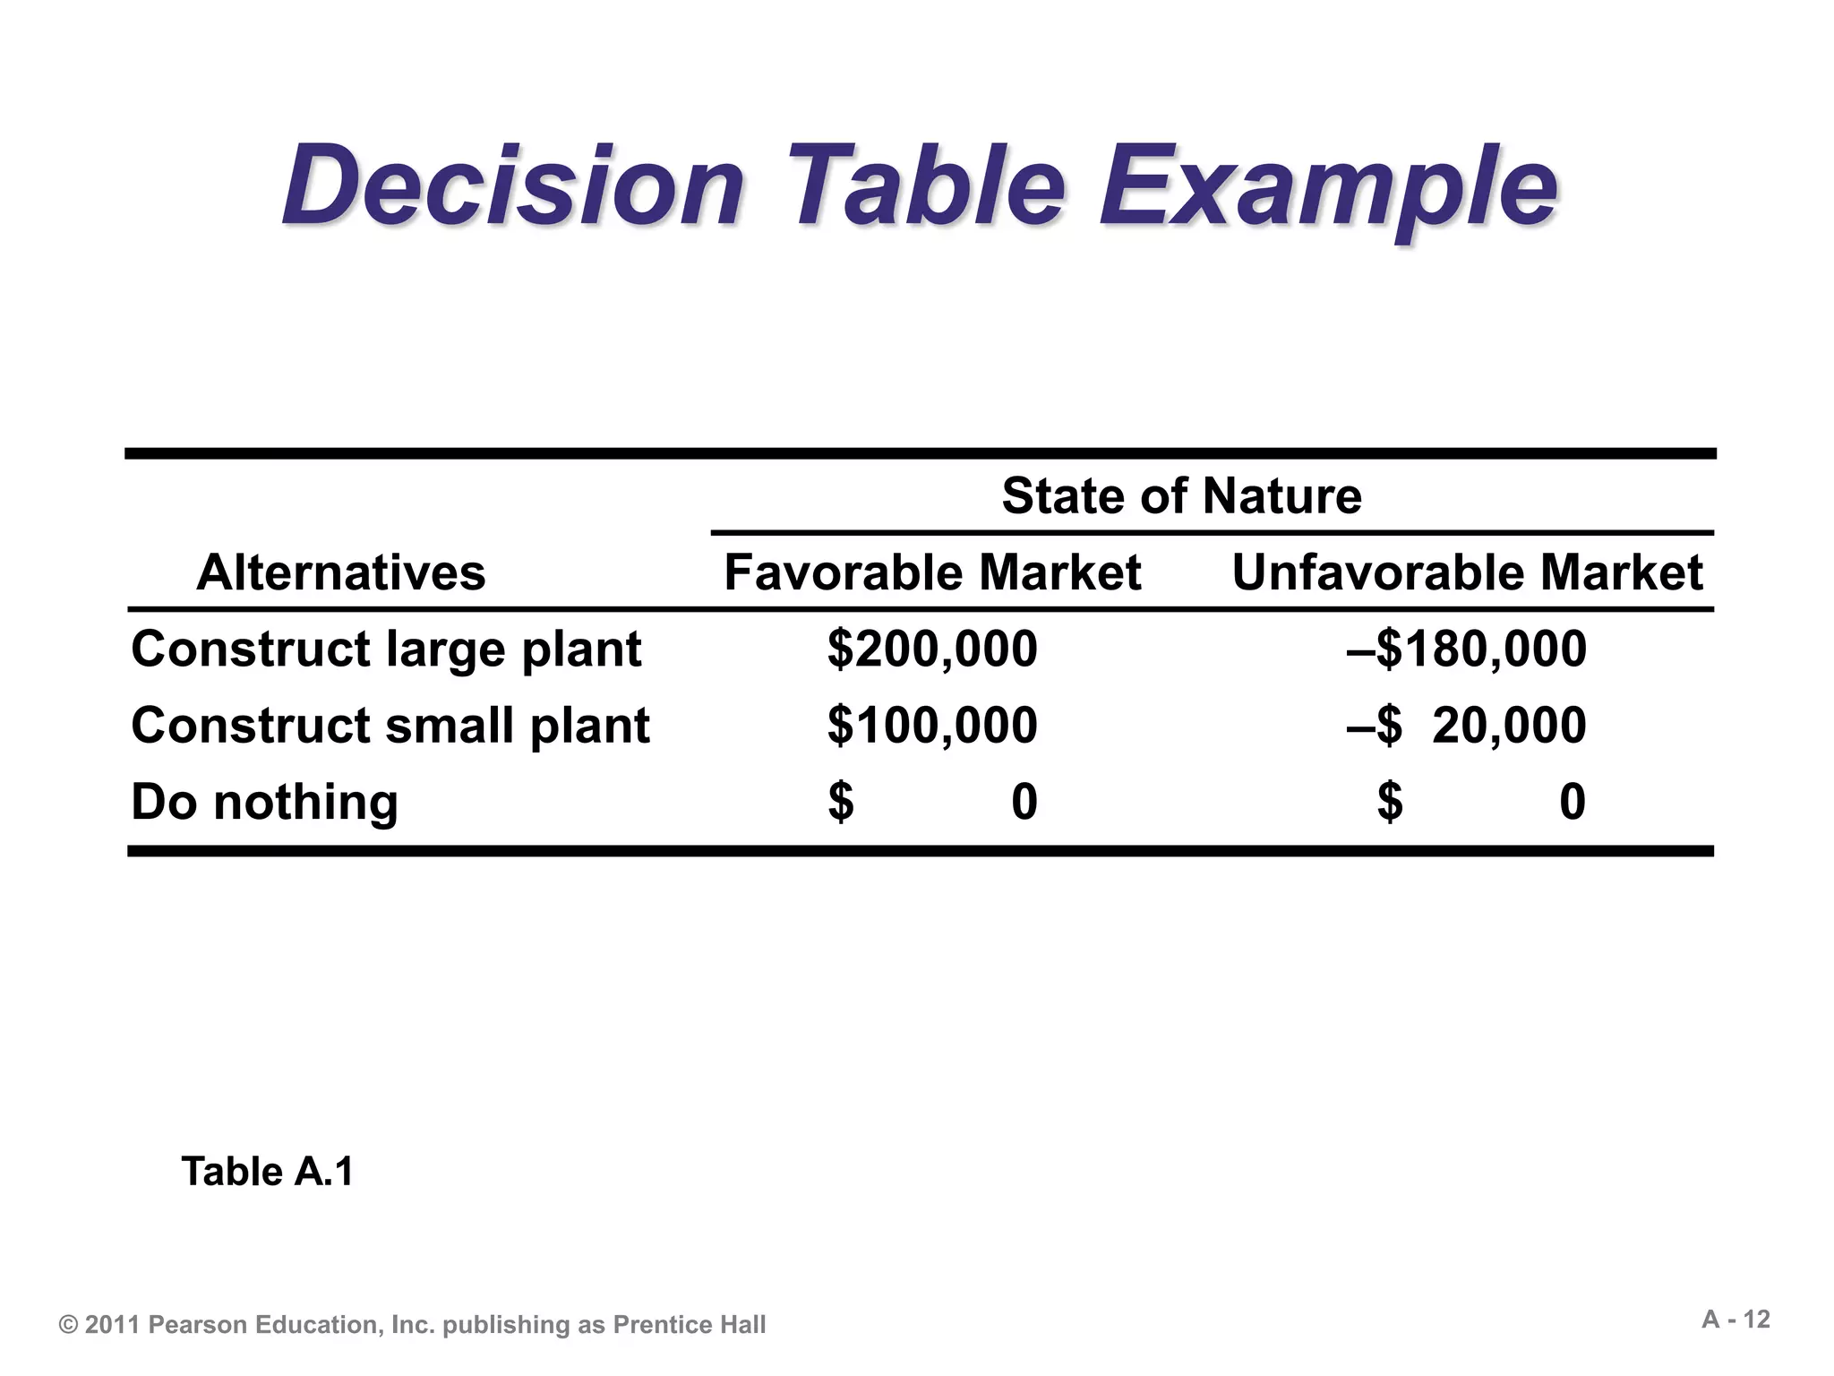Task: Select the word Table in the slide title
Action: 926,186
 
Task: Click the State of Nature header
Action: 1181,495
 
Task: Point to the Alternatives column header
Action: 340,572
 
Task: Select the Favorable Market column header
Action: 932,572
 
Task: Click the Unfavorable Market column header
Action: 1467,572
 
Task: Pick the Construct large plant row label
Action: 386,649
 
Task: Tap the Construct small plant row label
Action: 390,726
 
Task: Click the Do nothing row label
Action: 264,802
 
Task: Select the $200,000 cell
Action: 932,649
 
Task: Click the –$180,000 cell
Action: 1466,649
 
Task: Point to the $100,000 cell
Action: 932,726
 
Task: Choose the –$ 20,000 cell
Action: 1466,726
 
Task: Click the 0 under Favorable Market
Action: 1024,802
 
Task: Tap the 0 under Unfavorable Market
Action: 1573,802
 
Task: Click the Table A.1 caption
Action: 268,1172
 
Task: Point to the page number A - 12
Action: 1735,1320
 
